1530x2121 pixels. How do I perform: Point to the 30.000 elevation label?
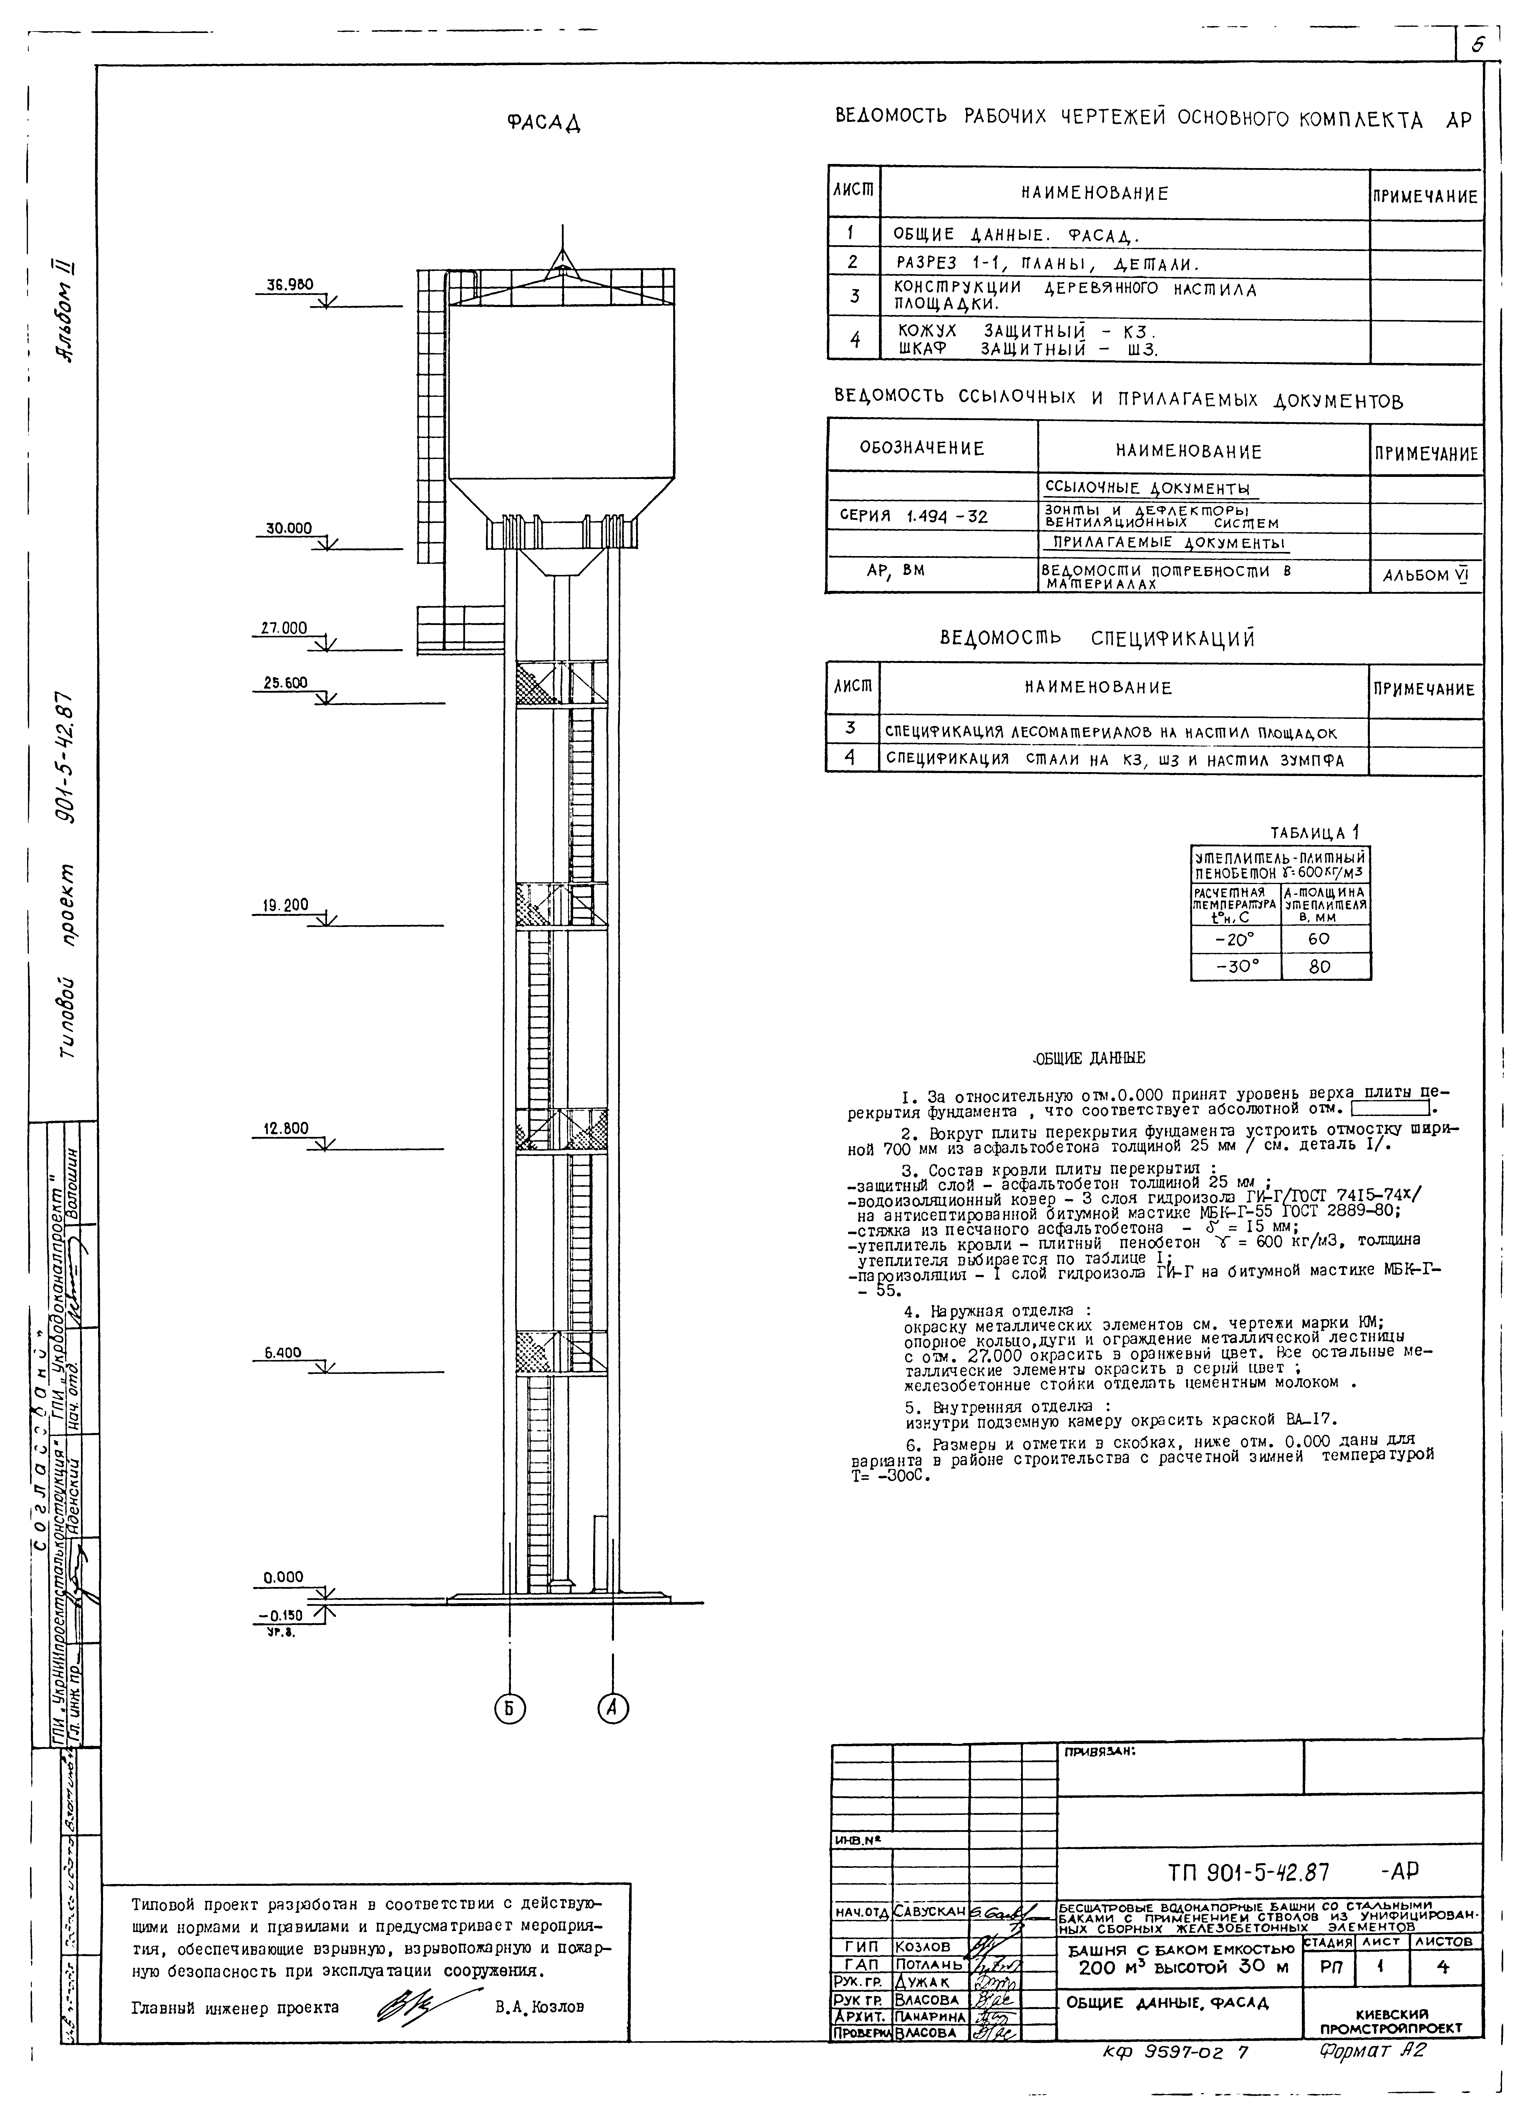[x=289, y=528]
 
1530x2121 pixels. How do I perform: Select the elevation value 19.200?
[x=285, y=905]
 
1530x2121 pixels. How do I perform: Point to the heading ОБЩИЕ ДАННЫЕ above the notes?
[x=1088, y=1058]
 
